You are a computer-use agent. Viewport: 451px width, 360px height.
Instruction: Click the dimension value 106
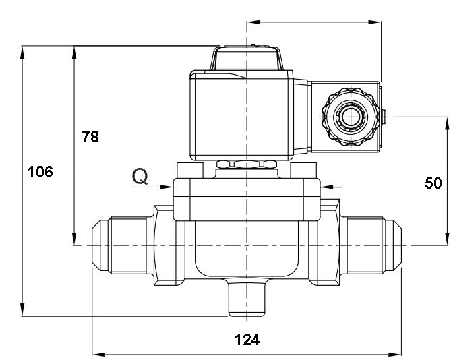pyautogui.click(x=40, y=172)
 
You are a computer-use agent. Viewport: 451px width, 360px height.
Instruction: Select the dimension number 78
pyautogui.click(x=90, y=137)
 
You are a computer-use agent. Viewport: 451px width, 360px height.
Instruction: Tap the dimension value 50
pyautogui.click(x=433, y=182)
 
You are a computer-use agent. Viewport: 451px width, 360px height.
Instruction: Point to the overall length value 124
pyautogui.click(x=247, y=339)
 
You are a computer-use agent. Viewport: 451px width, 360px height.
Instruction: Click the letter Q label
pyautogui.click(x=140, y=177)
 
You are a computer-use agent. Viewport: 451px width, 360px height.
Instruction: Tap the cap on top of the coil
pyautogui.click(x=246, y=59)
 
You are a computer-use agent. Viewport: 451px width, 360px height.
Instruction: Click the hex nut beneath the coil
pyautogui.click(x=247, y=164)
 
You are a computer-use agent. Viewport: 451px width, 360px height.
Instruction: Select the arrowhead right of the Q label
pyautogui.click(x=167, y=187)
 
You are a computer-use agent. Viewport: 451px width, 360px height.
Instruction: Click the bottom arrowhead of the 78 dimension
pyautogui.click(x=73, y=241)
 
